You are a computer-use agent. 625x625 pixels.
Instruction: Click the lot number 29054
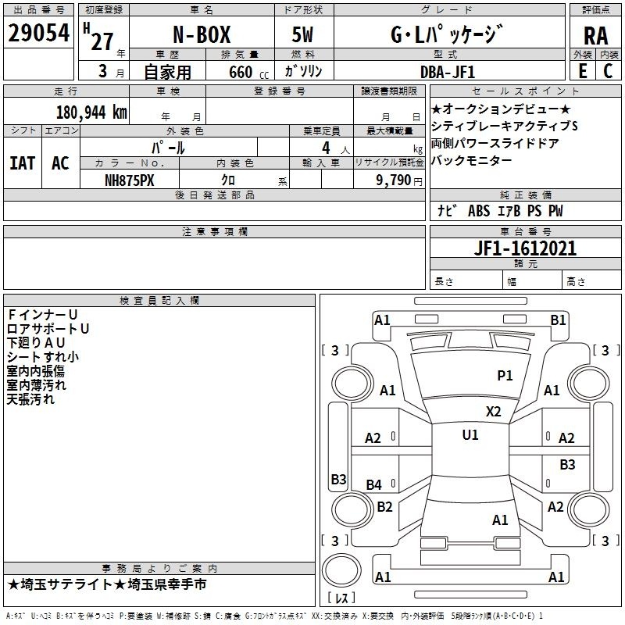(38, 33)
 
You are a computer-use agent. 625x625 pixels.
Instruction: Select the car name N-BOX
(202, 34)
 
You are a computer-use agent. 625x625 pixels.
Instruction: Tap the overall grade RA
(596, 36)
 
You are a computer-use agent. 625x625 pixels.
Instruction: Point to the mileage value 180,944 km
(91, 112)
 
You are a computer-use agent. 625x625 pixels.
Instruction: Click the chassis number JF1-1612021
(525, 248)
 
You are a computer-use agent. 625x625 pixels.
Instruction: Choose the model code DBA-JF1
(448, 72)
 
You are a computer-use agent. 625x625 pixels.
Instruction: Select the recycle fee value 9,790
(394, 180)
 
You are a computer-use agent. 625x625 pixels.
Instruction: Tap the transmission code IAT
(23, 163)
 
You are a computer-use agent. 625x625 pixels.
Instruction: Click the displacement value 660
(241, 72)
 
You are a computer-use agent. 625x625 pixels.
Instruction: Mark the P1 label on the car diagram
(505, 375)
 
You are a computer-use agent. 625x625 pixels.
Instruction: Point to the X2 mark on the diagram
(494, 412)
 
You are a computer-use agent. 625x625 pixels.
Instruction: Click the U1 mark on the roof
(470, 435)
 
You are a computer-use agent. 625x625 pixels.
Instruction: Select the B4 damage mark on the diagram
(374, 484)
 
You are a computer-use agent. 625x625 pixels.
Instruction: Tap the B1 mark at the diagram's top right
(558, 320)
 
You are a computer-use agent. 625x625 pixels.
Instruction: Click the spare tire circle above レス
(341, 570)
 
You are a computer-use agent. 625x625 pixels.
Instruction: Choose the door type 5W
(302, 34)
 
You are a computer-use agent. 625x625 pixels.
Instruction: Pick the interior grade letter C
(608, 71)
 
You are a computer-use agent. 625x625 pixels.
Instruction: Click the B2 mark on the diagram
(384, 506)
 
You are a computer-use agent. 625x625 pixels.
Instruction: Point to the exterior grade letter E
(583, 71)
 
